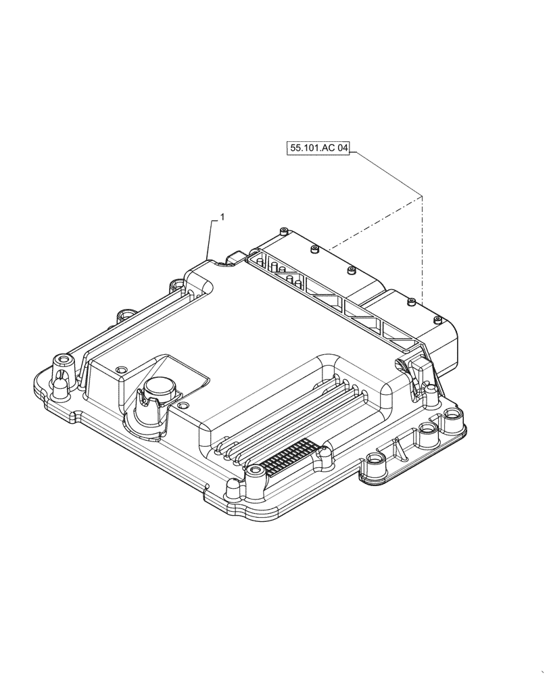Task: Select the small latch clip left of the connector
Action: (x=236, y=260)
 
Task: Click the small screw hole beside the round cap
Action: (x=121, y=369)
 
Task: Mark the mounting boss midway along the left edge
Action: (x=125, y=315)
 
